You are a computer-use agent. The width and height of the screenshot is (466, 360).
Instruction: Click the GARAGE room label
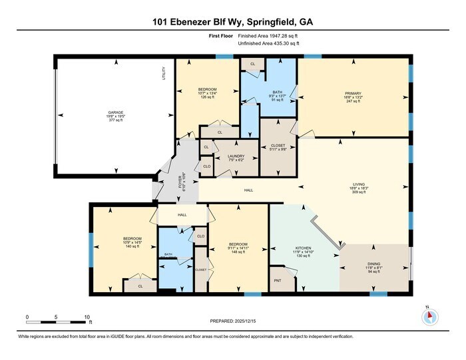click(x=107, y=112)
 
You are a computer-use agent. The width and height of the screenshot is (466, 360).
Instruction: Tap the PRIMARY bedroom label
click(x=353, y=94)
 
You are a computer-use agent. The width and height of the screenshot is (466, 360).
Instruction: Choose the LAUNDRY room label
click(x=236, y=156)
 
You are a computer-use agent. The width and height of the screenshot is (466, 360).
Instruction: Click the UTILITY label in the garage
click(x=163, y=74)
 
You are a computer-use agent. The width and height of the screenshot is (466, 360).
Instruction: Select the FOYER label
click(x=178, y=180)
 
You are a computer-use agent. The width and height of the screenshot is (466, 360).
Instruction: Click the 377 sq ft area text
click(x=107, y=120)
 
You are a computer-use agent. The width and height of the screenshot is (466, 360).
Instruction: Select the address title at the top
click(x=233, y=21)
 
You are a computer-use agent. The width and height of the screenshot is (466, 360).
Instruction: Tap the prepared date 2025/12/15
click(x=233, y=322)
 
